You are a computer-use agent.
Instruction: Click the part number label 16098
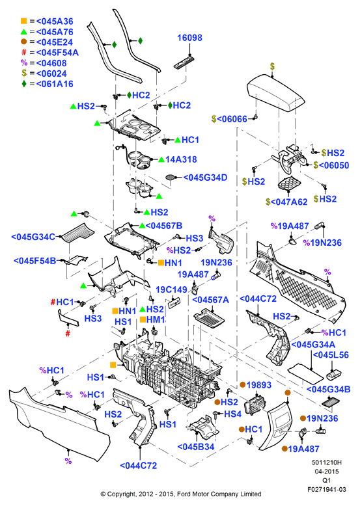point(189,38)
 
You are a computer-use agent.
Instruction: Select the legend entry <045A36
point(55,21)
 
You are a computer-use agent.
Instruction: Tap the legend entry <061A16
point(55,84)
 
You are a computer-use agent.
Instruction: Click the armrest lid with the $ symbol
point(275,93)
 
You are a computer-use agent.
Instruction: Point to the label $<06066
point(229,119)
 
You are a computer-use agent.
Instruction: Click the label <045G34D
point(205,178)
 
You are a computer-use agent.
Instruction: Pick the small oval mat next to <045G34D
point(170,177)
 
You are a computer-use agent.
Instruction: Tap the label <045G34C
point(33,237)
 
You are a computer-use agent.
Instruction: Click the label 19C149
point(172,289)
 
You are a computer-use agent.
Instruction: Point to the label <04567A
point(211,300)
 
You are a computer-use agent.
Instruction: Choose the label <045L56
point(331,354)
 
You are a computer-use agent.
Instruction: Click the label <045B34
point(196,447)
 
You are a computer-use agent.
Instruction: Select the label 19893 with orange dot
point(256,385)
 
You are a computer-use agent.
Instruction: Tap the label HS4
point(232,414)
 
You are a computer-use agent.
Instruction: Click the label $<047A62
point(286,202)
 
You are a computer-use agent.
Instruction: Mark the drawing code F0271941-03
point(327,489)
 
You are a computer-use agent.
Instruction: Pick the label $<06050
point(331,165)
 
